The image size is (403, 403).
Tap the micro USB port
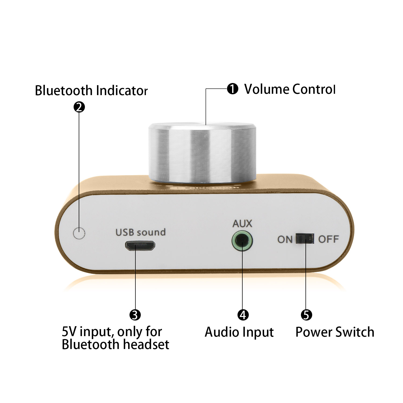tap(140, 246)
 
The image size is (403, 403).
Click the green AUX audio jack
tap(242, 241)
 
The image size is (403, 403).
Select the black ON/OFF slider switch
tap(305, 239)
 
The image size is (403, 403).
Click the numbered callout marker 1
tap(233, 89)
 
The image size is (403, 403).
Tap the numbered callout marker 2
tap(79, 107)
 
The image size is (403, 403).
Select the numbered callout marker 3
tap(135, 315)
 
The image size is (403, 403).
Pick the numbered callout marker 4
tap(243, 315)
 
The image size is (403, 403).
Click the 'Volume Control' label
tap(290, 89)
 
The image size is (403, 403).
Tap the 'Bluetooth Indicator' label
tap(91, 91)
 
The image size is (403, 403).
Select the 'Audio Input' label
tap(239, 332)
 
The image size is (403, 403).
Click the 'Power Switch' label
tap(335, 332)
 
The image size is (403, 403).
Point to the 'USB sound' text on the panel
tap(141, 232)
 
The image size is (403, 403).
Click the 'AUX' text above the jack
tap(242, 224)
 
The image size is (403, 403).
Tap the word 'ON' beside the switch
tap(285, 239)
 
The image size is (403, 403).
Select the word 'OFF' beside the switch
tap(329, 239)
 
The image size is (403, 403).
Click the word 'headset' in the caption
tap(146, 344)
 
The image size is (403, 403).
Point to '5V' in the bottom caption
tap(69, 332)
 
